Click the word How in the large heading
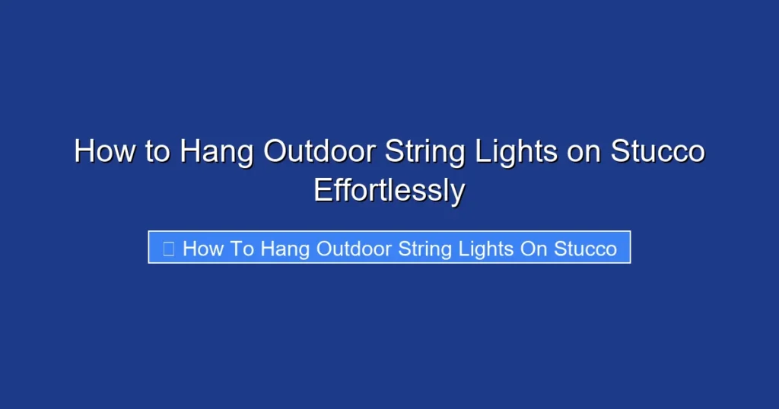click(103, 151)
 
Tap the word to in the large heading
click(157, 151)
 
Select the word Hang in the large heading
click(217, 153)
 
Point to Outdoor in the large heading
click(318, 151)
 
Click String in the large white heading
click(424, 153)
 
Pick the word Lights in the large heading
click(517, 153)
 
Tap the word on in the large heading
click(585, 153)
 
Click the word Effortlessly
click(389, 190)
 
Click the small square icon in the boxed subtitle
click(169, 248)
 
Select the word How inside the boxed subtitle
click(202, 249)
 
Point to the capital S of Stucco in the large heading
click(622, 151)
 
